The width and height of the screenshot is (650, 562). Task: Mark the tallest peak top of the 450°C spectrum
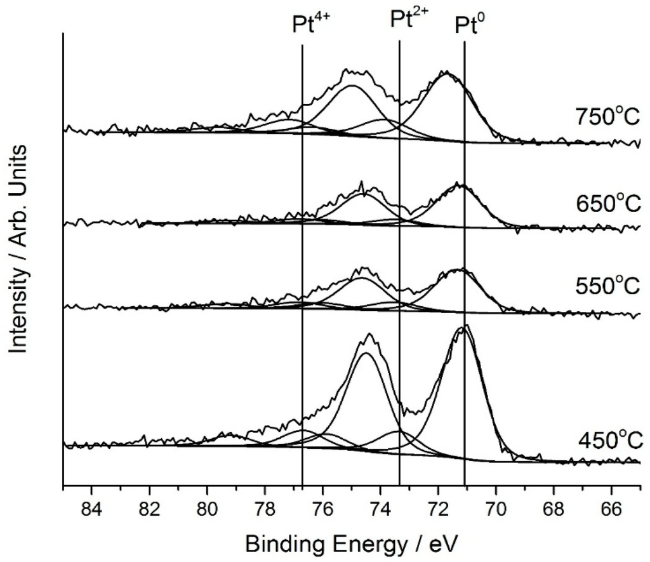(467, 326)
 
